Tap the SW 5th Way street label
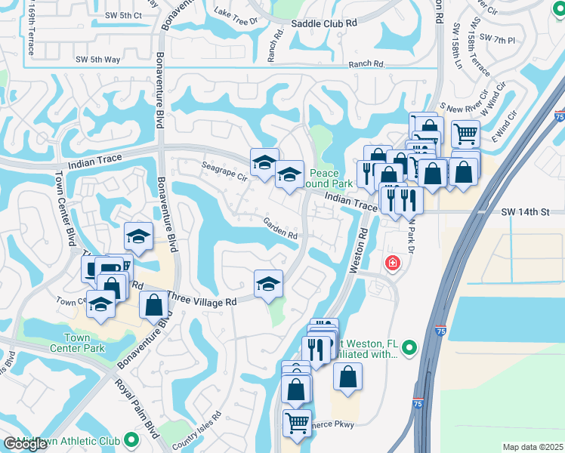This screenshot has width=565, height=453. (99, 59)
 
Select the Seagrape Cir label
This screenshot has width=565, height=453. (224, 171)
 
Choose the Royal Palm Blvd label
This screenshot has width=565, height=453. (137, 408)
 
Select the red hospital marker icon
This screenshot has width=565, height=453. (392, 263)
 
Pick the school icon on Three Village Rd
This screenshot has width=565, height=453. (268, 284)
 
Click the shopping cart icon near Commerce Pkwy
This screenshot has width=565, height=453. (297, 423)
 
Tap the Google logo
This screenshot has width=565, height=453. (24, 444)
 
